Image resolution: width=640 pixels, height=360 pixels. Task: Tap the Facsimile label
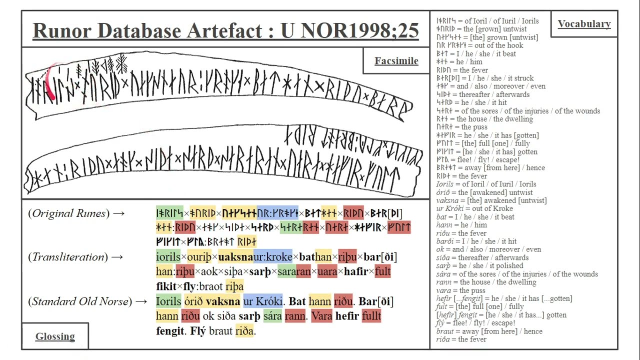click(x=396, y=60)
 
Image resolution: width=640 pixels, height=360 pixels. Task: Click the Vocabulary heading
click(x=584, y=24)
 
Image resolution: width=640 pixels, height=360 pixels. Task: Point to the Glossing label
click(x=55, y=336)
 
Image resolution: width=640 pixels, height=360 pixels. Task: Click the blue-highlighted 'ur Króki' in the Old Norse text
click(x=262, y=301)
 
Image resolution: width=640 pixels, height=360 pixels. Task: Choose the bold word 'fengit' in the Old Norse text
click(x=170, y=331)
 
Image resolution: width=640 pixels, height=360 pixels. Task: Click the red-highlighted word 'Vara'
click(x=321, y=316)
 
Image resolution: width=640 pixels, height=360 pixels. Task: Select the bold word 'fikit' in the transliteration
click(x=166, y=286)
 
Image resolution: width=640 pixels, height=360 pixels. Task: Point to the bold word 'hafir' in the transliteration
click(x=355, y=271)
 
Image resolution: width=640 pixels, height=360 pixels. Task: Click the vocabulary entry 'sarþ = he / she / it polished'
click(x=479, y=265)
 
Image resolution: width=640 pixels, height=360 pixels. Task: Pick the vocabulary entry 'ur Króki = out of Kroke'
click(x=474, y=208)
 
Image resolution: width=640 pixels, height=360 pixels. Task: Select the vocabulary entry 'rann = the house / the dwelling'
click(x=485, y=282)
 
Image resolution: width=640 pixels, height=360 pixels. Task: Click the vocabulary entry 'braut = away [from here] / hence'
click(x=488, y=331)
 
